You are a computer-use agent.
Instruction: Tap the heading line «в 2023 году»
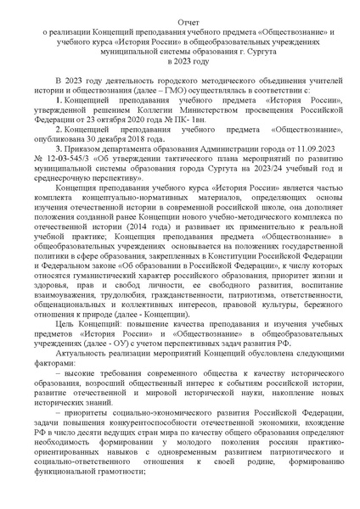tap(179, 63)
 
